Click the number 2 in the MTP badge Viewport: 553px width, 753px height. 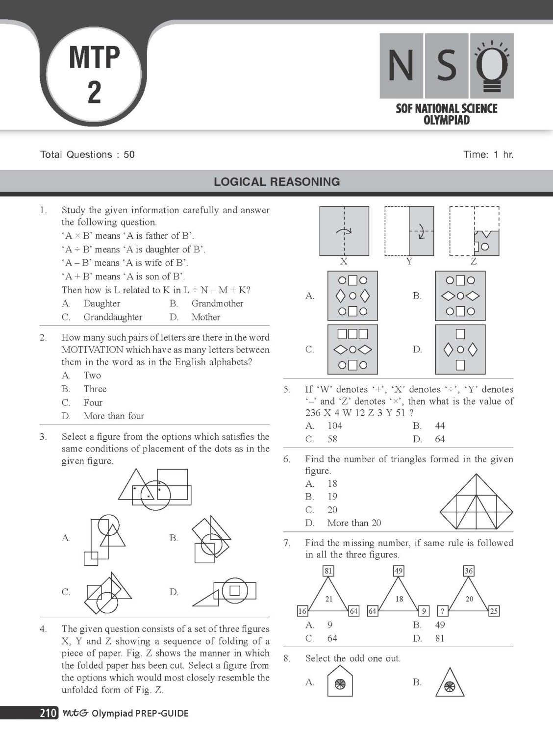94,92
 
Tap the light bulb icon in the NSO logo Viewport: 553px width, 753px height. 492,66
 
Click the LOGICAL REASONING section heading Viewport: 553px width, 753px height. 276,182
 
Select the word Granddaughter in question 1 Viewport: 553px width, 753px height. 113,317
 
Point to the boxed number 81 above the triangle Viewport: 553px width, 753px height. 328,571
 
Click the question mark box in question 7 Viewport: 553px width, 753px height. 442,611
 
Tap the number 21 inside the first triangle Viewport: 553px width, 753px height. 329,599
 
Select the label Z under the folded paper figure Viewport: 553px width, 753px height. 474,262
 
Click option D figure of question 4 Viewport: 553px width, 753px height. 460,350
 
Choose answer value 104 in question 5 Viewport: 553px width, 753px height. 335,426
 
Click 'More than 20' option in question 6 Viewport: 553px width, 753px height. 354,523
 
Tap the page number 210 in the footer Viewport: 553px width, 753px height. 48,713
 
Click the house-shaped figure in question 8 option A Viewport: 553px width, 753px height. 340,682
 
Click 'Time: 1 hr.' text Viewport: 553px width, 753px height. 488,155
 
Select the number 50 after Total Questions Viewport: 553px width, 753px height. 129,155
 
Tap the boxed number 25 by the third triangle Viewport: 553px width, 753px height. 494,611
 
